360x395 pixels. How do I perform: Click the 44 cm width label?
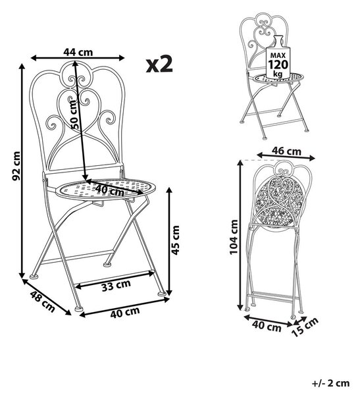(x=78, y=52)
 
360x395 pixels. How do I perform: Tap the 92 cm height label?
(x=16, y=166)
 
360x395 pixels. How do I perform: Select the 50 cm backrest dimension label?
(x=74, y=115)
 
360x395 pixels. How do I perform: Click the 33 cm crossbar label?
(x=116, y=285)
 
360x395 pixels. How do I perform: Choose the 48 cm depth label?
(x=42, y=302)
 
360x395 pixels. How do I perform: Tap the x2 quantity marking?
(x=159, y=65)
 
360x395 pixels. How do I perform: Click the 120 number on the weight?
(x=278, y=65)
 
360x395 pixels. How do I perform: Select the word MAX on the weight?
(x=278, y=55)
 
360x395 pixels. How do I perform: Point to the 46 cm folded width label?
(x=286, y=151)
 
